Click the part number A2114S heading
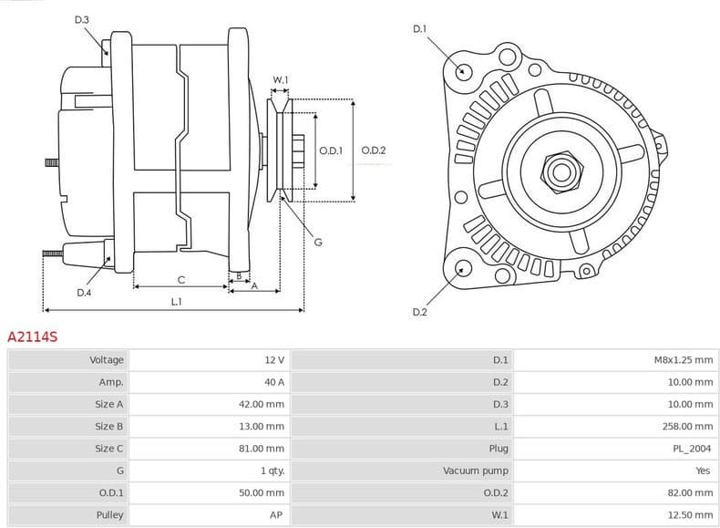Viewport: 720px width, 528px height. (33, 336)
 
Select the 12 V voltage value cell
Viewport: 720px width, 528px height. (273, 360)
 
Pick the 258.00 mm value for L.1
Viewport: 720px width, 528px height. (690, 426)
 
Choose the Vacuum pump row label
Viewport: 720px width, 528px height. (476, 471)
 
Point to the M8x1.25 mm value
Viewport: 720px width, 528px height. (684, 360)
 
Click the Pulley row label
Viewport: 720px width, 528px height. (109, 514)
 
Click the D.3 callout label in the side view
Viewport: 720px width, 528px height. (82, 19)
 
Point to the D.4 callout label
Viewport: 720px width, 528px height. (84, 293)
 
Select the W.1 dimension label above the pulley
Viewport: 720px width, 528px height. (281, 80)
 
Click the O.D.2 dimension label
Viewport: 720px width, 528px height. (374, 150)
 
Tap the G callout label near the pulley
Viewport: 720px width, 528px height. (318, 242)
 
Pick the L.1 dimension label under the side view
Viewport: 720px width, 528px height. (177, 301)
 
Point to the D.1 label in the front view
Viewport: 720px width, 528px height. (419, 29)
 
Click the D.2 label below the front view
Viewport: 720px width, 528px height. (419, 312)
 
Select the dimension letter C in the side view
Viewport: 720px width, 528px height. (181, 279)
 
